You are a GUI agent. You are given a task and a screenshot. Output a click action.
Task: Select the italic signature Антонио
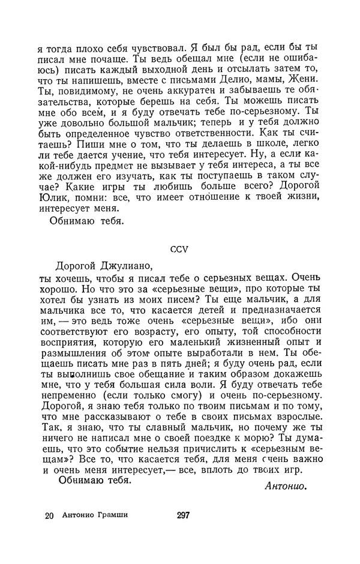tap(286, 486)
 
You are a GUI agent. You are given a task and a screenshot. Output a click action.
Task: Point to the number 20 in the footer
tap(49, 515)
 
